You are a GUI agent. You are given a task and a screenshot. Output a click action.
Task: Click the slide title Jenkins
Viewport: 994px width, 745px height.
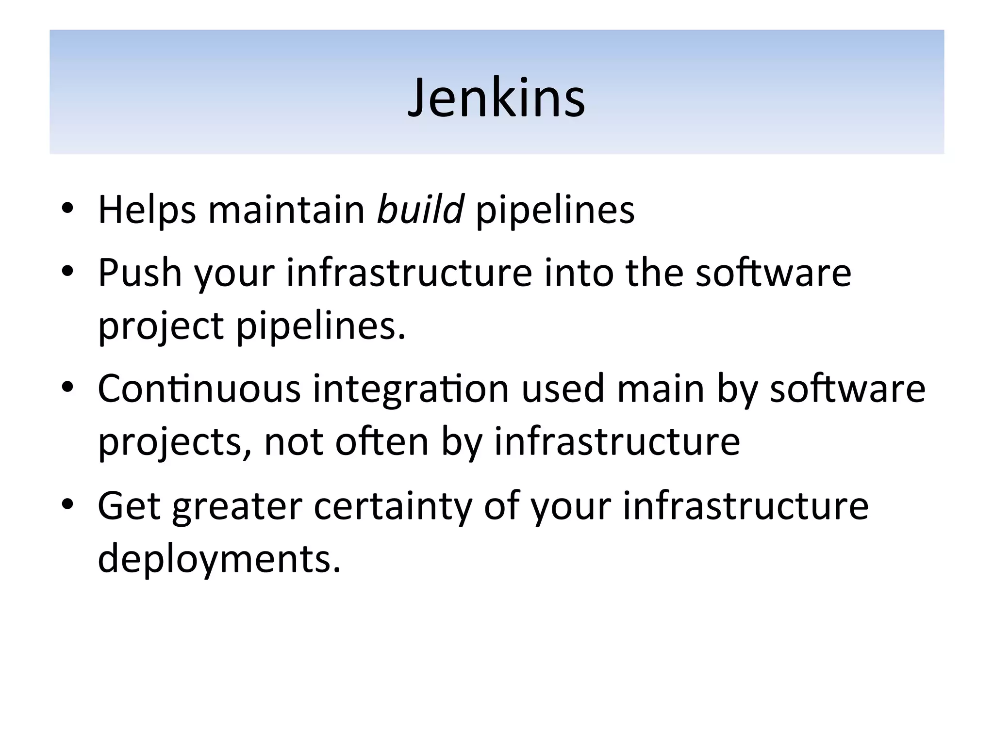tap(497, 98)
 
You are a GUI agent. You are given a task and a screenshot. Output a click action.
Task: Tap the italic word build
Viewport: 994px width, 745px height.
tap(420, 210)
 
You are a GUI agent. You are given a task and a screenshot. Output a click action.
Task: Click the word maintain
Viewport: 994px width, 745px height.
tap(286, 210)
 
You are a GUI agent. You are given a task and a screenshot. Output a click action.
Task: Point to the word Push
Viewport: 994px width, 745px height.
tap(140, 273)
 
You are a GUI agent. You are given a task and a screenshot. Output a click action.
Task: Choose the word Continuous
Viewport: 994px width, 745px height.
tap(199, 389)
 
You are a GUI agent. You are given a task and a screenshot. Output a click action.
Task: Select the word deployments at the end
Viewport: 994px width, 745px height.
tap(219, 559)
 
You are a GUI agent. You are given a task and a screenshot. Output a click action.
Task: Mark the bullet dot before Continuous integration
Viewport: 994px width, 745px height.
tap(67, 388)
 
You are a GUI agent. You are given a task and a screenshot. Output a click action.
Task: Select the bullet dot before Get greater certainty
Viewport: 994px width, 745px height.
tap(67, 504)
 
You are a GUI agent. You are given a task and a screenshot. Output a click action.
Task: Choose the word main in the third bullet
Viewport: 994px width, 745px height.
tap(661, 389)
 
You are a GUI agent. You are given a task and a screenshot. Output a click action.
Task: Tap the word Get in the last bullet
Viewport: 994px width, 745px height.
tap(129, 506)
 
